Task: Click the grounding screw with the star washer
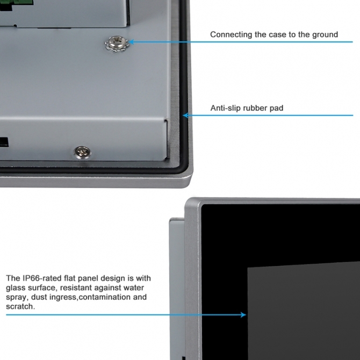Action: click(x=117, y=44)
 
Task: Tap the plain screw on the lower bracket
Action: click(x=82, y=152)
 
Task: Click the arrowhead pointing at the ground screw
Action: click(x=132, y=42)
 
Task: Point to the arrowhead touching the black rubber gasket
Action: click(x=185, y=116)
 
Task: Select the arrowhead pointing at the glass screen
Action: click(x=243, y=314)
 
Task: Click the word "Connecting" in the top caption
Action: click(x=231, y=35)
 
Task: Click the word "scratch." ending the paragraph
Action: click(x=20, y=306)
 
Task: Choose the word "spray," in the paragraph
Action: click(x=17, y=297)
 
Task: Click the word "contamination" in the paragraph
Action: click(x=105, y=297)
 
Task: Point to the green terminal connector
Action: click(x=14, y=3)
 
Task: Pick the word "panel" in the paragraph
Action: click(x=88, y=278)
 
